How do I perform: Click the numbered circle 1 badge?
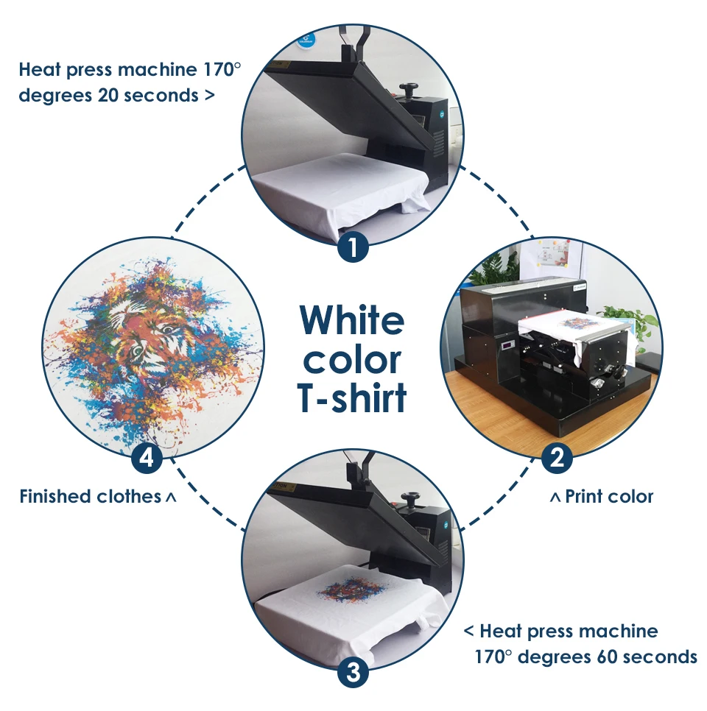click(353, 247)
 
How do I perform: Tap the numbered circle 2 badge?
click(557, 458)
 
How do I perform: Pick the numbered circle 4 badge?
click(147, 459)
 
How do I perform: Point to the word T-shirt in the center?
click(352, 398)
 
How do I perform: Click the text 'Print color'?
click(609, 497)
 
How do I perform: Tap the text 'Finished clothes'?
click(91, 497)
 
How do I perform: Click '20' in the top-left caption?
click(108, 96)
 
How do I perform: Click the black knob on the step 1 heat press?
click(409, 88)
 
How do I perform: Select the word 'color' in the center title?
click(352, 361)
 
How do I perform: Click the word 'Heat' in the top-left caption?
click(40, 70)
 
